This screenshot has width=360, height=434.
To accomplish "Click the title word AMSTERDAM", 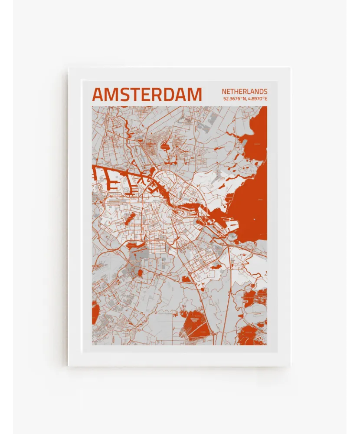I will (147, 95).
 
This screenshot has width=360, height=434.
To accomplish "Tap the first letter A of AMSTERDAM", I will (98, 95).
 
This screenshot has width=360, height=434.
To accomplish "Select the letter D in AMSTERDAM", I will (169, 95).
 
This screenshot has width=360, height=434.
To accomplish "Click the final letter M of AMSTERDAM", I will (196, 95).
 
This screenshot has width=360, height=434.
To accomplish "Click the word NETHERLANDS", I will (244, 92).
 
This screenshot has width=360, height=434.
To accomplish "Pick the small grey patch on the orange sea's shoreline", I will (233, 237).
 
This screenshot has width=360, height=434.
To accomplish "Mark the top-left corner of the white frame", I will (69, 68).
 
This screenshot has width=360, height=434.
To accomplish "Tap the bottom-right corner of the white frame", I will (290, 365).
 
